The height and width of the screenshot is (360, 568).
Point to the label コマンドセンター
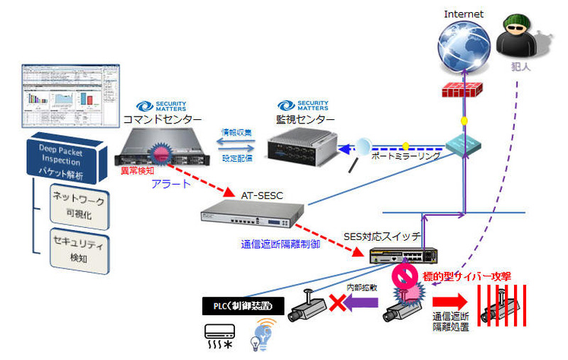tap(162, 120)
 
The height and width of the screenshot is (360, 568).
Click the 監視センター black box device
tap(302, 146)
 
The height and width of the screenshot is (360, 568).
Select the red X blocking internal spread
tap(336, 303)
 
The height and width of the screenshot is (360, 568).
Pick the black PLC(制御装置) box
tap(244, 307)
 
